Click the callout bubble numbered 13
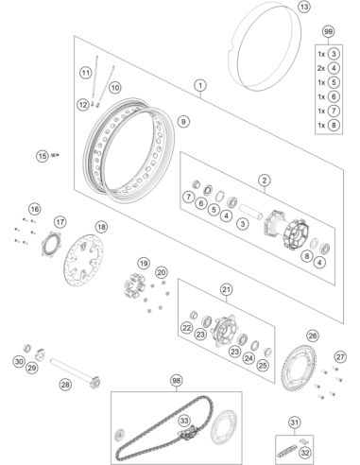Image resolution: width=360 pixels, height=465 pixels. pyautogui.click(x=304, y=7)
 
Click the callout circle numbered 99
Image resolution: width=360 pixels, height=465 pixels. pyautogui.click(x=328, y=32)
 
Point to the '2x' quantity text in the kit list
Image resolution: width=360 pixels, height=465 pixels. pyautogui.click(x=321, y=68)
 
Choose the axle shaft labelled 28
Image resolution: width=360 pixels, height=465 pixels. pyautogui.click(x=75, y=373)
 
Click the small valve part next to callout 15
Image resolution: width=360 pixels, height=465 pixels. pyautogui.click(x=56, y=155)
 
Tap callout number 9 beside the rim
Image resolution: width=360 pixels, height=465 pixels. pyautogui.click(x=183, y=121)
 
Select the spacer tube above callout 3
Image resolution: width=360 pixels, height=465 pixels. pyautogui.click(x=250, y=212)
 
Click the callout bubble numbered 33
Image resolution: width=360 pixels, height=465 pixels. pyautogui.click(x=184, y=421)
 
